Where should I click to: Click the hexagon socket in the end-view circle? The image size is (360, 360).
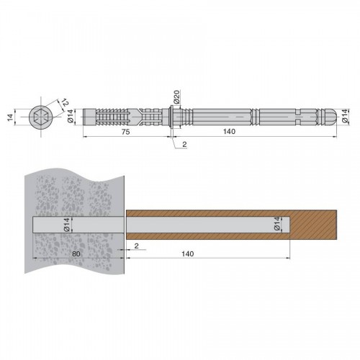coord(40,117)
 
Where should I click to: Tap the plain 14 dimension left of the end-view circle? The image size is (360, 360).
coord(10,117)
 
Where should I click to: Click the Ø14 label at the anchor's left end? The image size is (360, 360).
coord(70,117)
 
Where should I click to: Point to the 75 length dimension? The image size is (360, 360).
coord(126,132)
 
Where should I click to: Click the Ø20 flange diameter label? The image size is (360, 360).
coord(176,97)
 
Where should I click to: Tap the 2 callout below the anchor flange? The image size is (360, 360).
coord(184,144)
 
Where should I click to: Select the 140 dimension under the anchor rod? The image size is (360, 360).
coord(229,132)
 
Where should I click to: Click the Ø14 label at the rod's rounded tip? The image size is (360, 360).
coord(345,116)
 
